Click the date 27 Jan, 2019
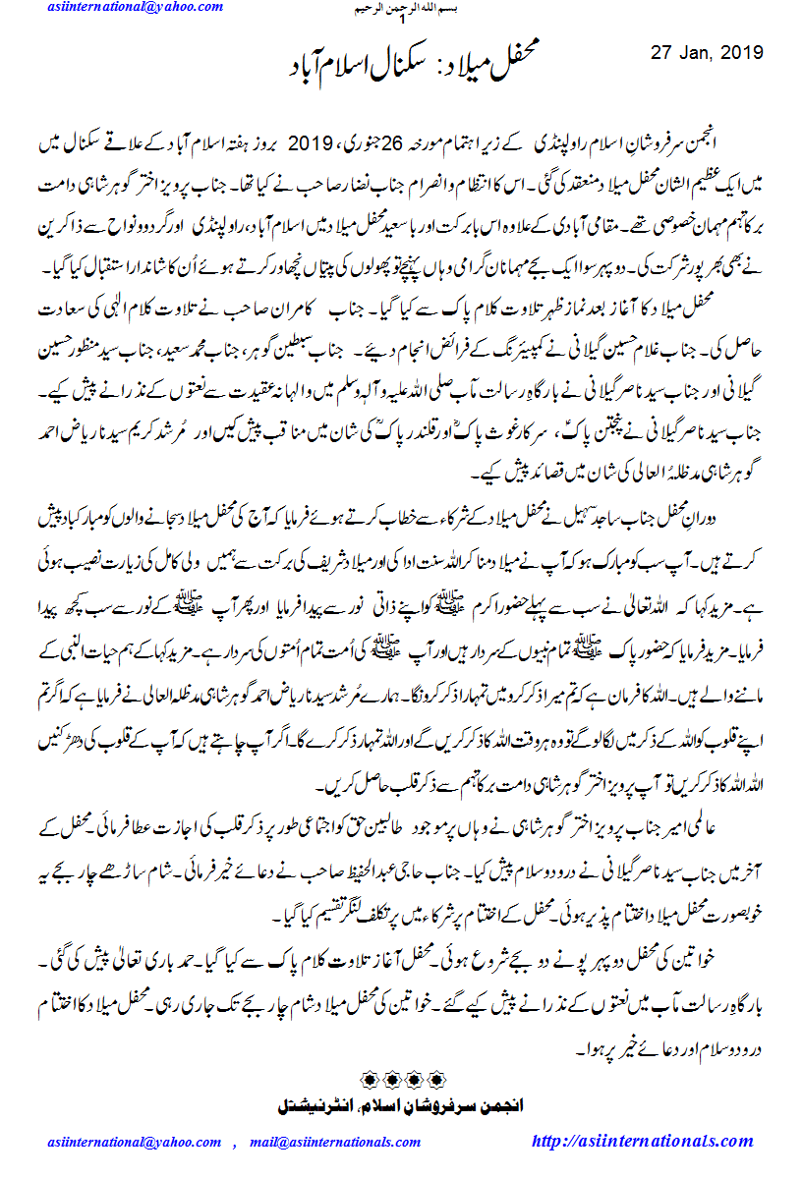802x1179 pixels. [708, 52]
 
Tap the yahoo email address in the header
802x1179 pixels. [135, 8]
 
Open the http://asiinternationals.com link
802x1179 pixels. [642, 1141]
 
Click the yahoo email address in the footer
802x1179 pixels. [135, 1142]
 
